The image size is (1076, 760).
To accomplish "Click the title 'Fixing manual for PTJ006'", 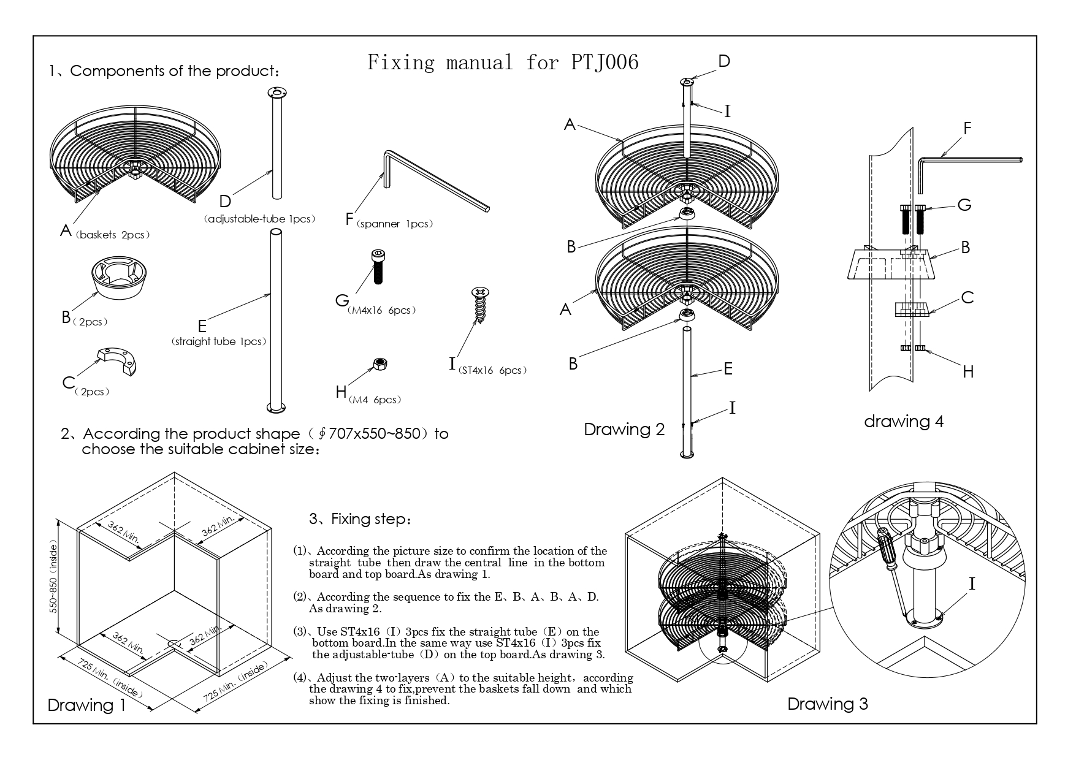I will (x=503, y=62).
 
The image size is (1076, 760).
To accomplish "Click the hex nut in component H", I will (x=380, y=364).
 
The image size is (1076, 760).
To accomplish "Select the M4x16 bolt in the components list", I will (x=378, y=266).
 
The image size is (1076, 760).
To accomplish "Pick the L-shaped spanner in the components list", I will (x=429, y=181).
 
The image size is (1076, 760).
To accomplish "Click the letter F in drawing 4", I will (x=967, y=129).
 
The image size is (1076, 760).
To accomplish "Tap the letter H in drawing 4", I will (x=968, y=371).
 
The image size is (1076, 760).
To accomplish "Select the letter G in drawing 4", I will (x=964, y=205).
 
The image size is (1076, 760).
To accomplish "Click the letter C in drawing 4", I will (x=967, y=298).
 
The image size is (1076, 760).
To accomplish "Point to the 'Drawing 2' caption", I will (x=624, y=429).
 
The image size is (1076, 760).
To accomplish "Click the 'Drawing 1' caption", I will (x=86, y=705).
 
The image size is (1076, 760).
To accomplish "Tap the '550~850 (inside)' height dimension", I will (x=55, y=578).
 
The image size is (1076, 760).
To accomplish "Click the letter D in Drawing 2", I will (x=724, y=61).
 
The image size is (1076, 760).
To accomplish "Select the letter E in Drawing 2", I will (x=728, y=369).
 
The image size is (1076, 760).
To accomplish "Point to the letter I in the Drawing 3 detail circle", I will (x=971, y=585).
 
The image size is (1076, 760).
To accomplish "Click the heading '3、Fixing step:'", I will (x=361, y=519).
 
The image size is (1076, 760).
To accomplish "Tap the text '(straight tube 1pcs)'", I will (x=219, y=341).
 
